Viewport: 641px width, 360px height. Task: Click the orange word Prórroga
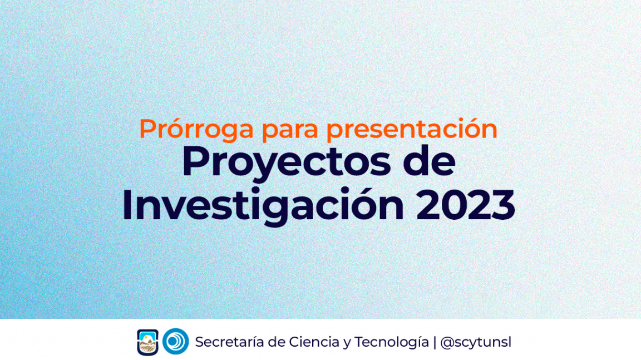[x=196, y=130]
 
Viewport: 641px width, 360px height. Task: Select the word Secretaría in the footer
[x=229, y=342]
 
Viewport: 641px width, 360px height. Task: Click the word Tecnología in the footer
[x=392, y=342]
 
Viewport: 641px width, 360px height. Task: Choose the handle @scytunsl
[x=475, y=342]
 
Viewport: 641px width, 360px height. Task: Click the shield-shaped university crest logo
[x=147, y=342]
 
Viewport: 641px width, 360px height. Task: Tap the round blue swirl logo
[x=175, y=341]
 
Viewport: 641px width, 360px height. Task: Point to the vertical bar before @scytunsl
[x=435, y=342]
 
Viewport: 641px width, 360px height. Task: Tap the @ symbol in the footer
[x=447, y=342]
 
